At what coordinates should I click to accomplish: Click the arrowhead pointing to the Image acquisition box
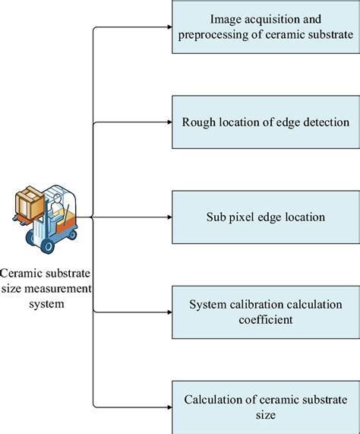[168, 28]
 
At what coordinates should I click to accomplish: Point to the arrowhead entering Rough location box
[168, 122]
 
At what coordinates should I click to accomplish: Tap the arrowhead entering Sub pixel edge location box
[168, 217]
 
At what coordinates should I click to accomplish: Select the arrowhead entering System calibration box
[168, 312]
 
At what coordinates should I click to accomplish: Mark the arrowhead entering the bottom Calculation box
[168, 407]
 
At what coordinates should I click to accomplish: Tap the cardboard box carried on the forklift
[29, 201]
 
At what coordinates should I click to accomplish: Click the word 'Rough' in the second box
[198, 122]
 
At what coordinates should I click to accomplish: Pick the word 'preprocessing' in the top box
[210, 35]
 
